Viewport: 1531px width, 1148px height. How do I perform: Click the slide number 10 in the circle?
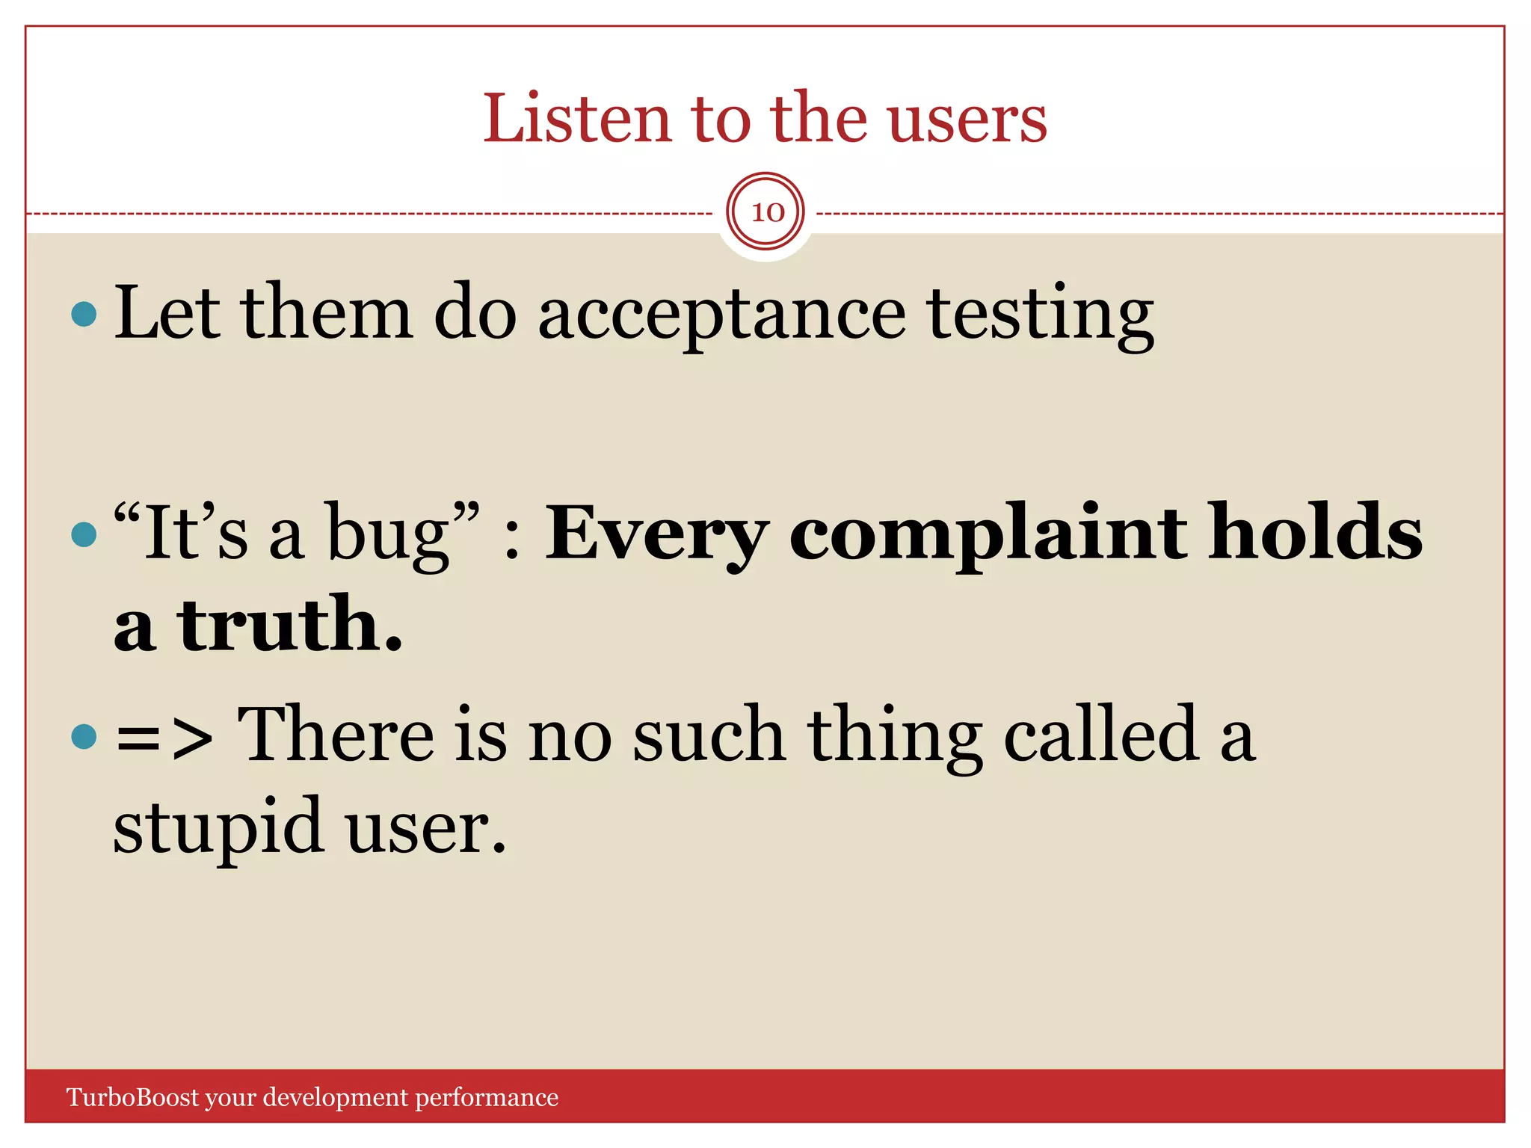coord(766,212)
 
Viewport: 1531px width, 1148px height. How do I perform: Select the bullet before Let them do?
coord(84,314)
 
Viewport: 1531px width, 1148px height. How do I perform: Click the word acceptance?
coord(721,314)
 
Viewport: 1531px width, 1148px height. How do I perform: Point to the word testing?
coord(1040,314)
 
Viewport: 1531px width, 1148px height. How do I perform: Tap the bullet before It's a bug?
coord(84,534)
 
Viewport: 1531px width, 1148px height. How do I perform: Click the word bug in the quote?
coord(389,534)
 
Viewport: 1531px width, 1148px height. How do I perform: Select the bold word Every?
coord(656,534)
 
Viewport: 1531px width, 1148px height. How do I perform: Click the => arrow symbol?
coord(164,737)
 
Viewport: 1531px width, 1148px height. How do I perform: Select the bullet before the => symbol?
coord(84,736)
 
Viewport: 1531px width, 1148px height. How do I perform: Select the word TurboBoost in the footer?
coord(133,1097)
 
